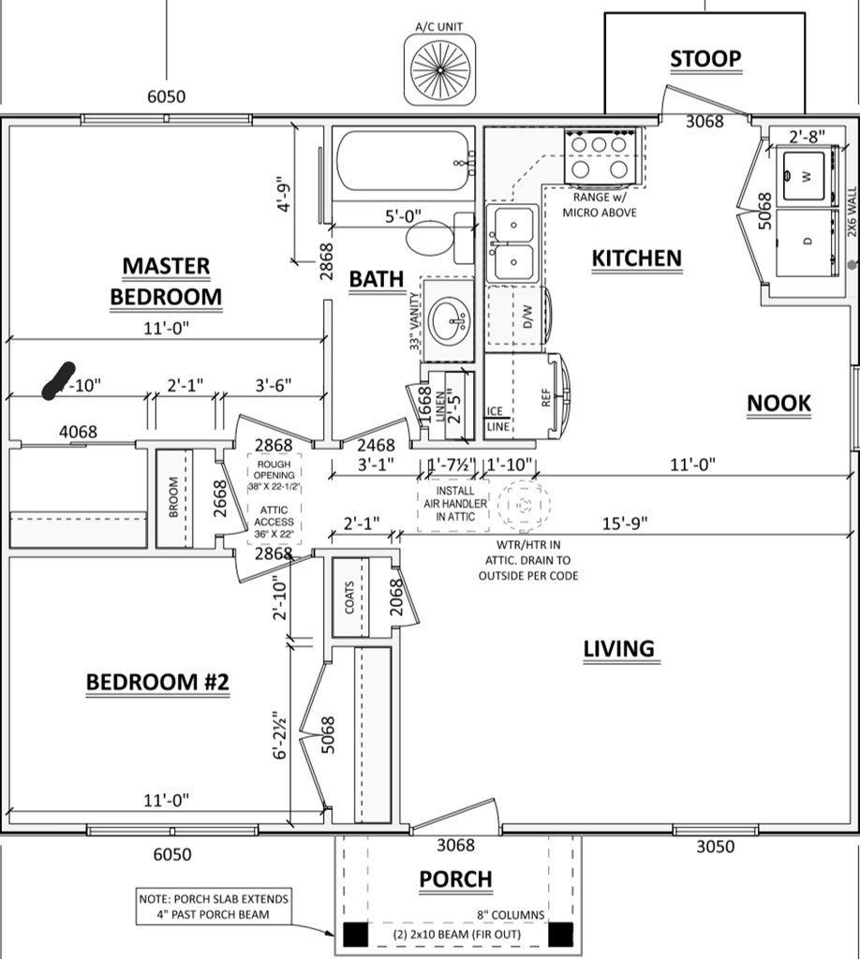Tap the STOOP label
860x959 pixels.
tap(705, 59)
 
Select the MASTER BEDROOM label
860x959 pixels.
tap(166, 282)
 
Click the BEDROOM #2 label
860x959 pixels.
tap(157, 683)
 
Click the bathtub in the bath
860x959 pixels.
tap(404, 163)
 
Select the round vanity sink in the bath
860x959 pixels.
tap(452, 318)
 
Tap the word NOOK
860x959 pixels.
tap(778, 404)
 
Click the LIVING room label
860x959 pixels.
tap(618, 648)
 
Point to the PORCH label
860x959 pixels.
tap(455, 879)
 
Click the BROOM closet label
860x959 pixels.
tap(173, 499)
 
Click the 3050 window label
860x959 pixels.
tap(715, 847)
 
